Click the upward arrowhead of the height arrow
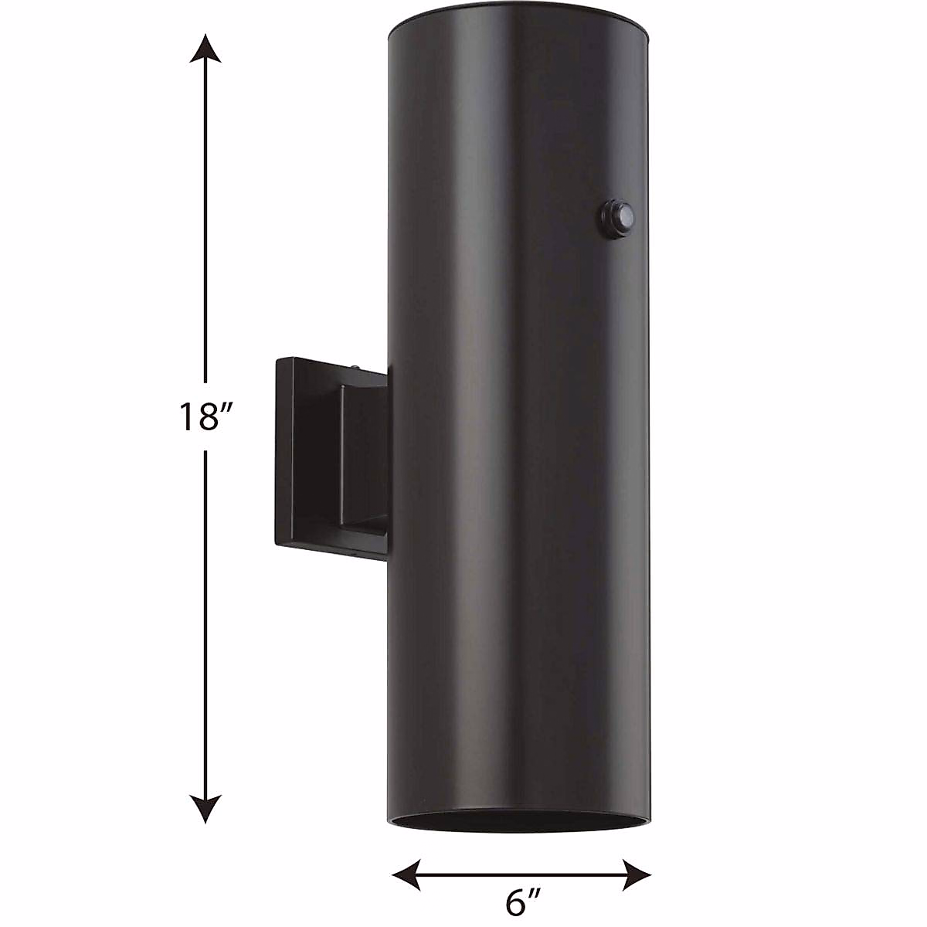pos(205,48)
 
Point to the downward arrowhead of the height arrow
pos(205,810)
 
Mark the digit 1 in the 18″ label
pos(186,417)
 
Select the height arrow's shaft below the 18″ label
pos(205,618)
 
